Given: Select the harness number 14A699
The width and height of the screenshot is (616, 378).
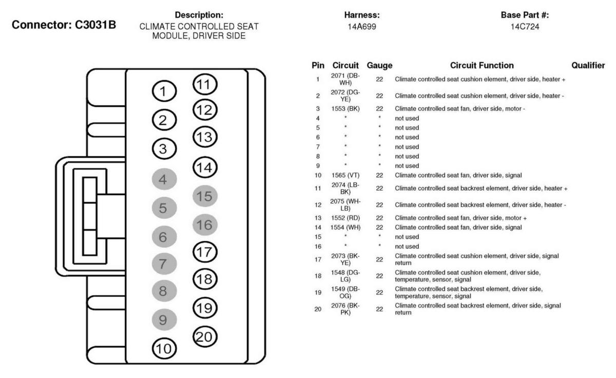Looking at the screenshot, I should point(362,26).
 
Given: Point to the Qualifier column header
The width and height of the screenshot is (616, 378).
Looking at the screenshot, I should point(588,66).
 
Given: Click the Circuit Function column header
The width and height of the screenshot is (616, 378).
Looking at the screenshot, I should point(481,66).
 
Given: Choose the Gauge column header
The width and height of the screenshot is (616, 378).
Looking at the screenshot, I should point(380,66).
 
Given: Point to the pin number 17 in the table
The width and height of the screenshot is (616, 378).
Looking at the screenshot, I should point(318,259).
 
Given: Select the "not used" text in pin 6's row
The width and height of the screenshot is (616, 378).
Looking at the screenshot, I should point(407,137).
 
